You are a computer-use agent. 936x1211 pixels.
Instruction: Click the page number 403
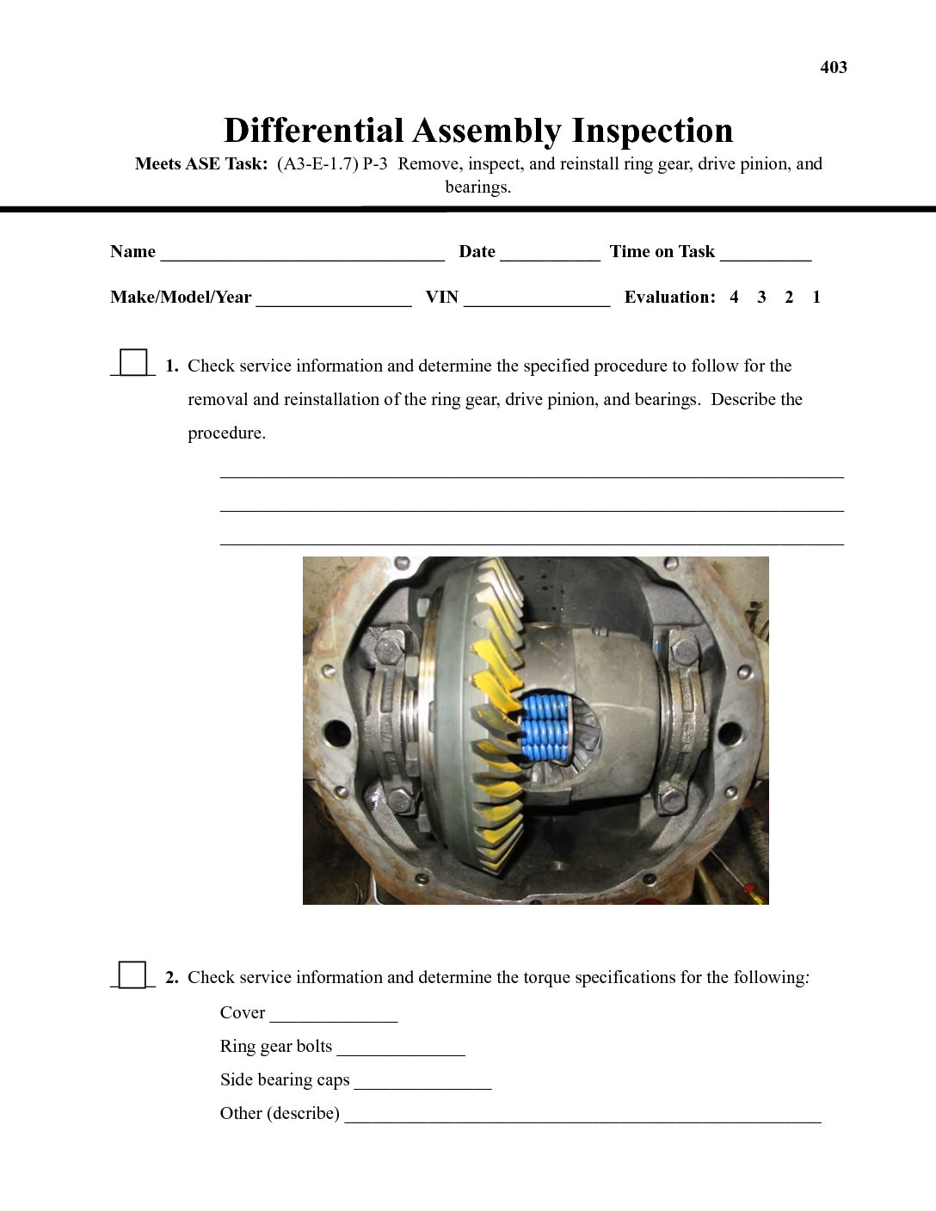coord(833,67)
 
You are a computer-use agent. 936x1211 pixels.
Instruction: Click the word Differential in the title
coord(313,131)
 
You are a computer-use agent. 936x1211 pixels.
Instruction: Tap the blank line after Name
coord(302,255)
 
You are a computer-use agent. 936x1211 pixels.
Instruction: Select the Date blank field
coord(550,255)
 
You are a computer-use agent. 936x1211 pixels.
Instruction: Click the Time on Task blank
coord(766,255)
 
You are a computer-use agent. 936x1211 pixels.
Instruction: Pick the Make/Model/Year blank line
coord(334,300)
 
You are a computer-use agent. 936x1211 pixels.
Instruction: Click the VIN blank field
coord(537,300)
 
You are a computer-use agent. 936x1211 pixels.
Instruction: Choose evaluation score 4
coord(734,298)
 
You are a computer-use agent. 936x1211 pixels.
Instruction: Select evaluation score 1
coord(816,298)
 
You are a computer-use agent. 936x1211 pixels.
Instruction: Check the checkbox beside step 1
coord(133,362)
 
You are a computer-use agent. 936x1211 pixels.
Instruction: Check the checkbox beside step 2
coord(133,974)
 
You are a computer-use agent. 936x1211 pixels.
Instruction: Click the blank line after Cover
coord(334,1016)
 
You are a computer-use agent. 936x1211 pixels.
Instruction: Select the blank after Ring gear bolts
coord(401,1049)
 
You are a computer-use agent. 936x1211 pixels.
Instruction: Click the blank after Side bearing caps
coord(422,1083)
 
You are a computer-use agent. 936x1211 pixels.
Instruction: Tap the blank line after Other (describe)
coord(582,1116)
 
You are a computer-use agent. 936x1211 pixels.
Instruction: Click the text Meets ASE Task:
coord(201,164)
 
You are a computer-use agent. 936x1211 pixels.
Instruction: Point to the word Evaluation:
coord(669,298)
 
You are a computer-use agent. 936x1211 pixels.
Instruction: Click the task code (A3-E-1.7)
coord(317,164)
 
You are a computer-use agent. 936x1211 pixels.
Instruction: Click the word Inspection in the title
coord(652,131)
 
